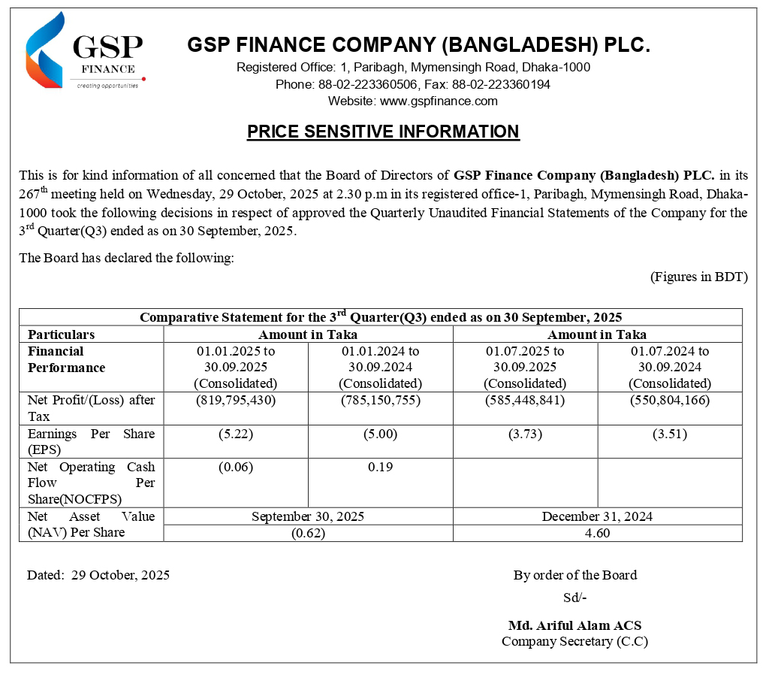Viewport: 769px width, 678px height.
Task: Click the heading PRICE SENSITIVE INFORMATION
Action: click(383, 132)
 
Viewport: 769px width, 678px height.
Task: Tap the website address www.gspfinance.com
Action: click(439, 101)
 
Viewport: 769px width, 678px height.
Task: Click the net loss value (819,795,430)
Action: click(236, 400)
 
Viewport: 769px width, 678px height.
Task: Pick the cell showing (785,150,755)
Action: click(380, 400)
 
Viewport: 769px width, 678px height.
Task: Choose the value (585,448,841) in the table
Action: click(525, 400)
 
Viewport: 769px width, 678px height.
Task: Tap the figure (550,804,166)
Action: click(670, 400)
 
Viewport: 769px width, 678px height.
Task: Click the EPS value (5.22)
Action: click(236, 434)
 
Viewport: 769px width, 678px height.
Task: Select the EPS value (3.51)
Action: click(670, 434)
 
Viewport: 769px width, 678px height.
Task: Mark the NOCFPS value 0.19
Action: click(380, 467)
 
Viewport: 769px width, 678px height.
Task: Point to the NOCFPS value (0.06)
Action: click(236, 467)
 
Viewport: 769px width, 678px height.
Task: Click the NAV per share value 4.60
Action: click(597, 533)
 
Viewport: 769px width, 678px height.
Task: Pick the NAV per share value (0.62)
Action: click(308, 533)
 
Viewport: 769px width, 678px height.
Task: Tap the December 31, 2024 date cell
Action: click(597, 516)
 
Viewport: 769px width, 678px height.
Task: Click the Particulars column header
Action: click(62, 334)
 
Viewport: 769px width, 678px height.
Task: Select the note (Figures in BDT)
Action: click(698, 277)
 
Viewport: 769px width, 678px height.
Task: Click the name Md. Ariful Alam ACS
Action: click(574, 625)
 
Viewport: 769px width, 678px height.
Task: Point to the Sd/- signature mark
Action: click(574, 598)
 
